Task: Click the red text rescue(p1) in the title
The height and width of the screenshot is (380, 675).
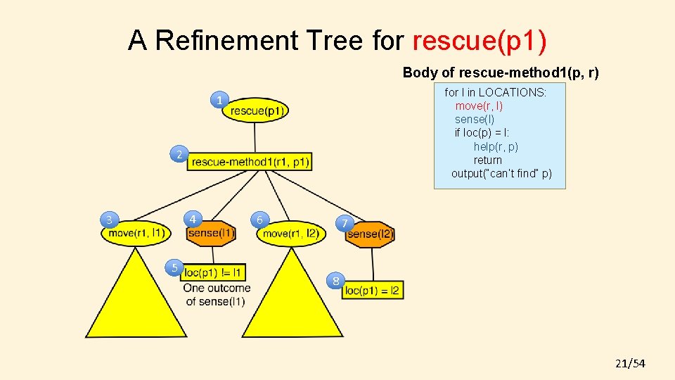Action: click(x=480, y=41)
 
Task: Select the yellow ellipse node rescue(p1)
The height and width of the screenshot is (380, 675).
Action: click(x=256, y=110)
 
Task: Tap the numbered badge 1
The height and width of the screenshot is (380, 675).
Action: click(x=220, y=101)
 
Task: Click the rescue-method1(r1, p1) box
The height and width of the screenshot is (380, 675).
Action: click(x=250, y=162)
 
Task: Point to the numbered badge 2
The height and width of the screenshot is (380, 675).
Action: click(x=180, y=154)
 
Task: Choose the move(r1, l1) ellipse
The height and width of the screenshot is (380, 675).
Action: click(x=136, y=233)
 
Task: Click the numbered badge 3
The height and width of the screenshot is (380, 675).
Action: click(x=109, y=220)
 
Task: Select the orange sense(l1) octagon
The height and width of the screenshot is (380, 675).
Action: click(x=211, y=233)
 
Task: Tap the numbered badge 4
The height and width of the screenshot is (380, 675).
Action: click(x=193, y=219)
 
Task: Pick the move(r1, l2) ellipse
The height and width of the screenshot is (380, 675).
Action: click(x=291, y=234)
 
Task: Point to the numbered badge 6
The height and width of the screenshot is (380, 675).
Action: click(x=259, y=220)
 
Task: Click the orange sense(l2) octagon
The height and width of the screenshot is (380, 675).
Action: click(x=370, y=234)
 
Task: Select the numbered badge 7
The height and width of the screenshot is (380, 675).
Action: click(x=343, y=224)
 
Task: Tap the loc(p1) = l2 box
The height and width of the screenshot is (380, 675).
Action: click(x=373, y=290)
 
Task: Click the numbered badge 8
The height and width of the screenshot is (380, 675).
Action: click(x=336, y=281)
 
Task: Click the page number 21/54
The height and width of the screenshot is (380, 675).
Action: click(x=629, y=363)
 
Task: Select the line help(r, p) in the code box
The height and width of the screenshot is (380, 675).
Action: click(x=496, y=146)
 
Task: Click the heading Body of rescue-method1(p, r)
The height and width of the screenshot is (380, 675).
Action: click(x=501, y=72)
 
